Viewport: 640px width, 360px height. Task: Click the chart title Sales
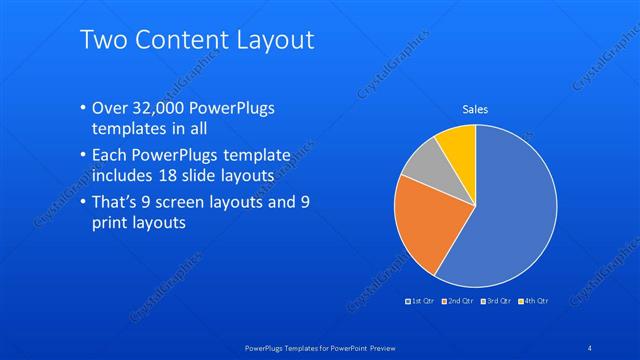coord(474,110)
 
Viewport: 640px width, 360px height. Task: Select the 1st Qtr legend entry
coord(419,301)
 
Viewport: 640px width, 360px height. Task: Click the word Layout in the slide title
coord(269,40)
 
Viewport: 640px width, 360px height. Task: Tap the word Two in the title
coord(102,40)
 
